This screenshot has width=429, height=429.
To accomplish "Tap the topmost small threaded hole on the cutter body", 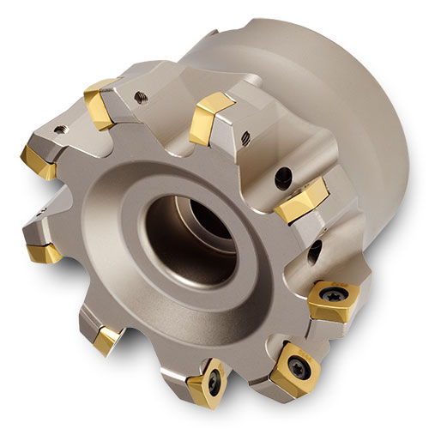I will [x=140, y=98].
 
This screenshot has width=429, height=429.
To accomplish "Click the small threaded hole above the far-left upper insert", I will [x=61, y=130].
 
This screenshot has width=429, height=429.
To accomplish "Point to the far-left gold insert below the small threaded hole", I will [x=39, y=160].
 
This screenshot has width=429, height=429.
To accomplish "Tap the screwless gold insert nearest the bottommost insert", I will [x=107, y=341].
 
